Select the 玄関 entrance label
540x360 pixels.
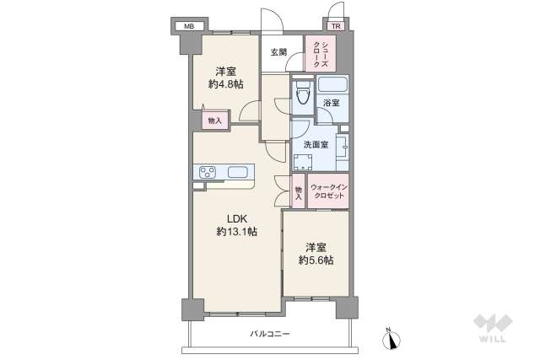(278, 52)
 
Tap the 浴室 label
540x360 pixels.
(332, 103)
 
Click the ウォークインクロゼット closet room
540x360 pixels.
(327, 191)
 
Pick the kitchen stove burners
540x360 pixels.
(208, 173)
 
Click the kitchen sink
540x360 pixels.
(238, 173)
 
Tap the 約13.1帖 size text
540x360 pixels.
(236, 231)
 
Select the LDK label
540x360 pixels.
(235, 217)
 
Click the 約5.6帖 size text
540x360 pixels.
(316, 261)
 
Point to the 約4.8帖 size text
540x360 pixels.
(225, 84)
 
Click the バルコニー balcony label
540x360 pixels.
(269, 334)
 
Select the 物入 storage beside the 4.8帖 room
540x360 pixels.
(214, 121)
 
